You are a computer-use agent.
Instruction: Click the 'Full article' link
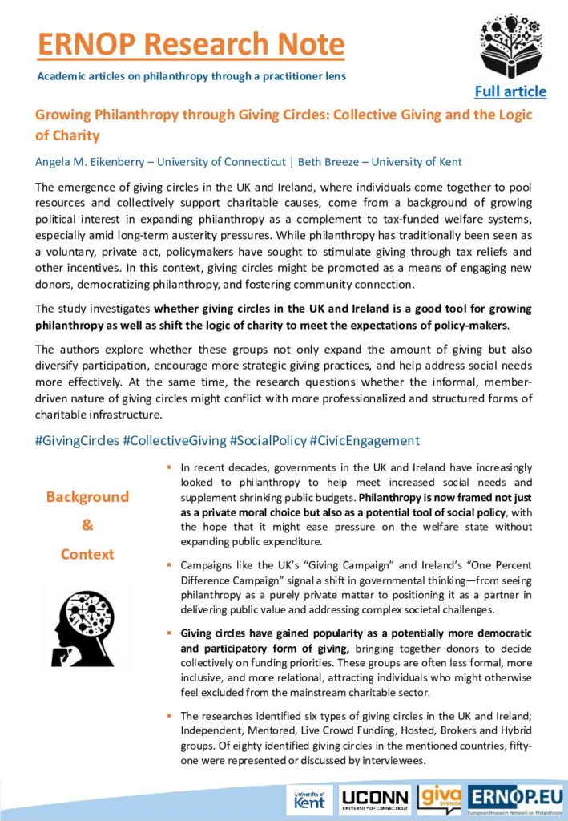tap(510, 91)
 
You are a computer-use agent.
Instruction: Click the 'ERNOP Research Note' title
tap(191, 44)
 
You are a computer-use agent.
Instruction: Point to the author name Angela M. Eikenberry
tap(94, 162)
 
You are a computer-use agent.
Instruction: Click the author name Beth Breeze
tap(328, 162)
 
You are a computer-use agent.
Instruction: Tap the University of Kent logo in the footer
tap(309, 799)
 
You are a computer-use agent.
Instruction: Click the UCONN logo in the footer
tap(375, 799)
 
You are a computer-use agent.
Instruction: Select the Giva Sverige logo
tap(440, 799)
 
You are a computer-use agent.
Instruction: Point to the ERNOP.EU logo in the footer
tap(515, 799)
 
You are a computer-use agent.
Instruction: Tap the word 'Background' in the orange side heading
tap(87, 497)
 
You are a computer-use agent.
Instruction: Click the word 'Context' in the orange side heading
tap(87, 554)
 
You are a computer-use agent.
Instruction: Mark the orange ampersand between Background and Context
tap(87, 526)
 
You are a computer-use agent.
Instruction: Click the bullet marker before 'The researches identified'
tap(169, 715)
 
